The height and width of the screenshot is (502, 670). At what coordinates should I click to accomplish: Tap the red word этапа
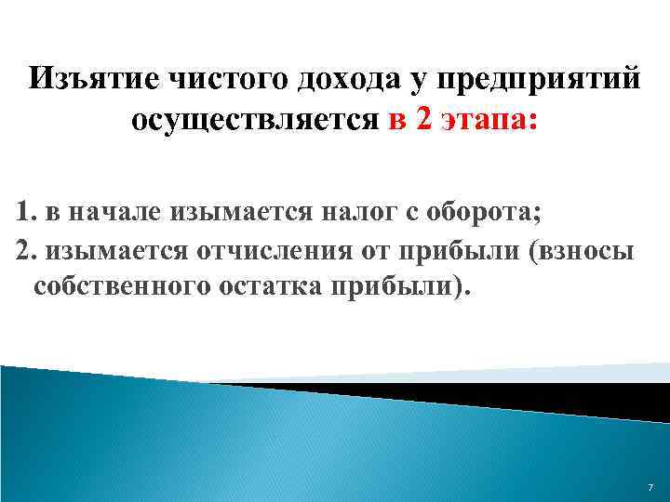point(485,121)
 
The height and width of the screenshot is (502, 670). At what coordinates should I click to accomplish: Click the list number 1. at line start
point(25,212)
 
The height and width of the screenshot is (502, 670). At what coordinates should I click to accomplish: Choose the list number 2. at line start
point(25,250)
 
